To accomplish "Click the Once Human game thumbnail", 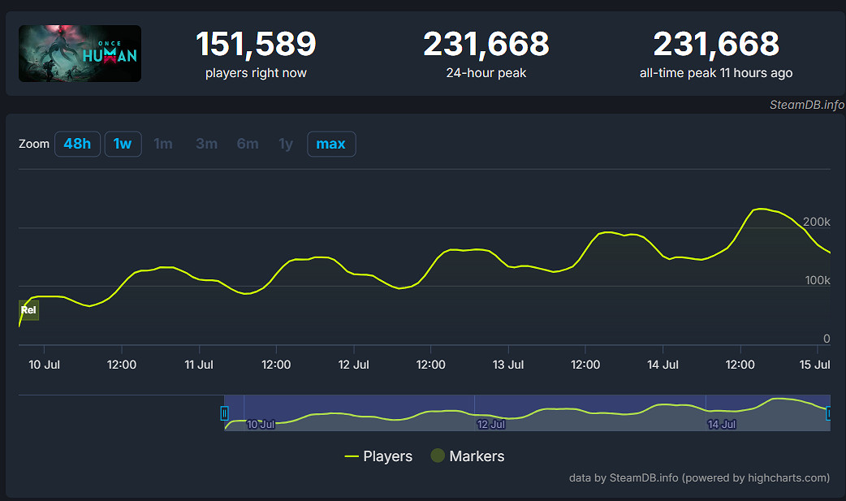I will (x=80, y=53).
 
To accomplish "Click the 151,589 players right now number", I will (x=256, y=44).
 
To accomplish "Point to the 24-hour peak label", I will (x=486, y=73).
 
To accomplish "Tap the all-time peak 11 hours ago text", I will (x=715, y=73).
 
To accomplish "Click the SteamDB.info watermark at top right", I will (x=806, y=105).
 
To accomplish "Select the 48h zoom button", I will (x=77, y=144).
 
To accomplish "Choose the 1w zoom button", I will (x=123, y=144).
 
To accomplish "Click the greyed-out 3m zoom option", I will (x=206, y=144).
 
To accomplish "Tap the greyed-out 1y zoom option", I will (x=286, y=144).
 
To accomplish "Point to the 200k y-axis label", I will (x=816, y=222).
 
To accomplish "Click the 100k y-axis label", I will (x=816, y=280).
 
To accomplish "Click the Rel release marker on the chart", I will (x=28, y=310).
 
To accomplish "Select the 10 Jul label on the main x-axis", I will (x=45, y=365).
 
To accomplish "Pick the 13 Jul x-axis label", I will (x=508, y=365).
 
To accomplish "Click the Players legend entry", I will (x=378, y=456).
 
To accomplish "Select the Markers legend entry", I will (x=467, y=456).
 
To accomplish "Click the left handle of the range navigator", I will (x=225, y=413).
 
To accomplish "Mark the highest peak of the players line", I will (x=760, y=209).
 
